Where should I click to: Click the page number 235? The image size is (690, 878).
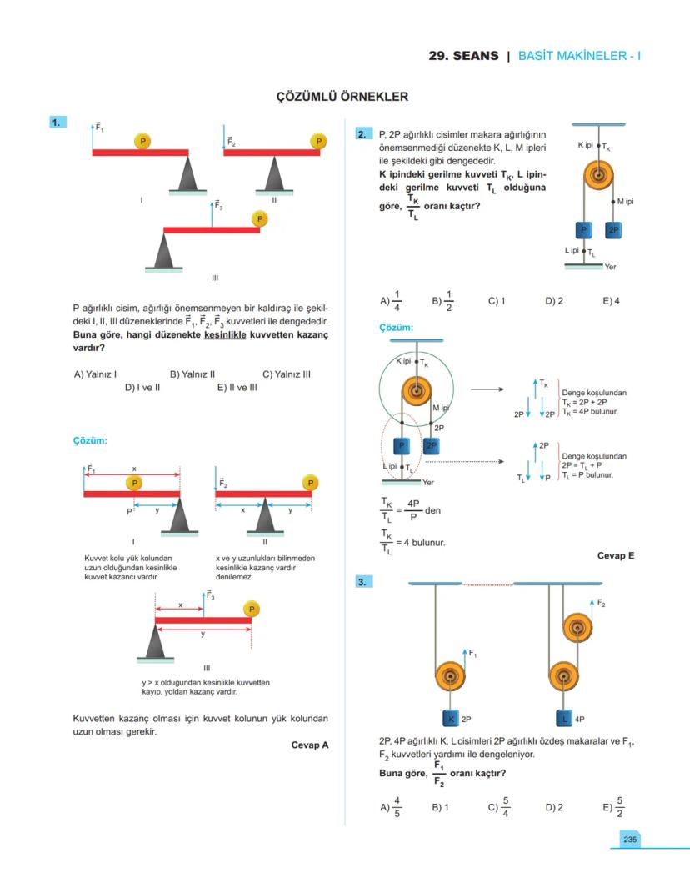tap(629, 840)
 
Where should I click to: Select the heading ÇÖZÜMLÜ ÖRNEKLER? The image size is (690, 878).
tap(342, 97)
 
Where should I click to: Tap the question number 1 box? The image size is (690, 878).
tap(57, 122)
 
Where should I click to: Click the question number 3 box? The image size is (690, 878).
tap(362, 582)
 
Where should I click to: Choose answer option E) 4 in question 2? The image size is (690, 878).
tap(611, 301)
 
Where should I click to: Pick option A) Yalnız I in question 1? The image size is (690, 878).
tap(95, 374)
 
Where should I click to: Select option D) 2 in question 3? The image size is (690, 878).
tap(554, 807)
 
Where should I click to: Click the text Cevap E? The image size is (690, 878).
tap(616, 555)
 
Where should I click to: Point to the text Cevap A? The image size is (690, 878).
tap(309, 745)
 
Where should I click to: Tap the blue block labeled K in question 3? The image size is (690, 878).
tap(451, 719)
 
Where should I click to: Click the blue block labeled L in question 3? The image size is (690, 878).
tap(564, 719)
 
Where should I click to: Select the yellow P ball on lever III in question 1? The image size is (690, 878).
tap(259, 219)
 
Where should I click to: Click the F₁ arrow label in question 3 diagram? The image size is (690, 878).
tap(472, 653)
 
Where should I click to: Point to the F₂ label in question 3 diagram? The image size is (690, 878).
tap(601, 603)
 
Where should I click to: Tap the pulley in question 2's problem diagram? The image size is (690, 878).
tap(598, 175)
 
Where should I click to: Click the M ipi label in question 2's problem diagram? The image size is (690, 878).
tap(626, 202)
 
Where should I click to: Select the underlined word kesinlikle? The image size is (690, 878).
tap(225, 335)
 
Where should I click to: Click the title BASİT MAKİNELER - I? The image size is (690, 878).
tap(579, 56)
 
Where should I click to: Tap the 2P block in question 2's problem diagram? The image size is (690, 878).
tap(613, 230)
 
